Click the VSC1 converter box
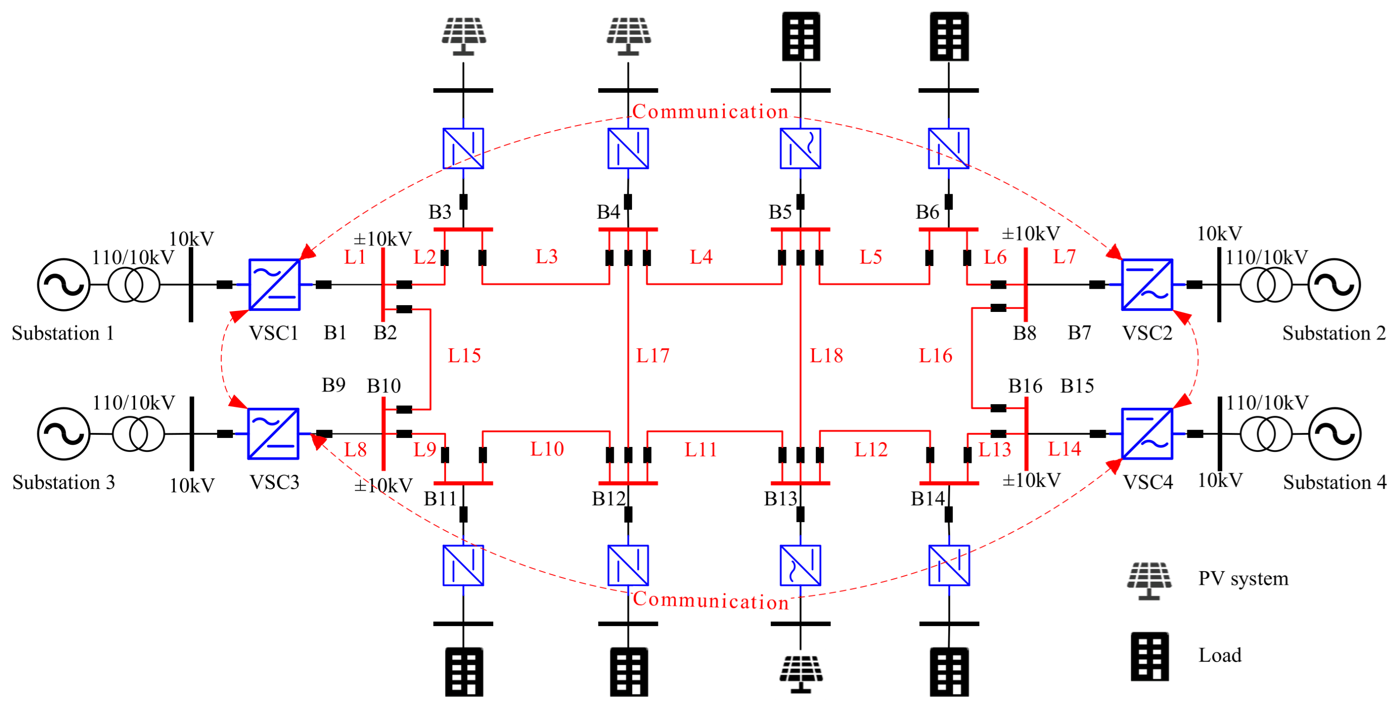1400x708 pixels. point(274,284)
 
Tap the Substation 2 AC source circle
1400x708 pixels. point(1334,284)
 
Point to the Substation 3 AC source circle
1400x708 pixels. point(64,434)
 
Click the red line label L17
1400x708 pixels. point(653,356)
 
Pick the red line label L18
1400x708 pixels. point(826,356)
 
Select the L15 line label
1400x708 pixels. point(464,356)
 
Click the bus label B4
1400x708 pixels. point(608,212)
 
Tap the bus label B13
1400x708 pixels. point(780,498)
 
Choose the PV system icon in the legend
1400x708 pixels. point(1149,580)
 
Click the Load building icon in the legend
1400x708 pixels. point(1149,656)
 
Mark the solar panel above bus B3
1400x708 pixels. point(464,36)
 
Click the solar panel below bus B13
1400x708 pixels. point(800,673)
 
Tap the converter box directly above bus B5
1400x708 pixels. point(800,148)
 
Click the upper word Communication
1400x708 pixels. point(710,111)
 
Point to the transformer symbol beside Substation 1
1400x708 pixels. point(134,284)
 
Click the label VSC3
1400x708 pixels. point(274,482)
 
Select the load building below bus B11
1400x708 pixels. point(464,672)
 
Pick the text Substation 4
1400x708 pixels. point(1335,482)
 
